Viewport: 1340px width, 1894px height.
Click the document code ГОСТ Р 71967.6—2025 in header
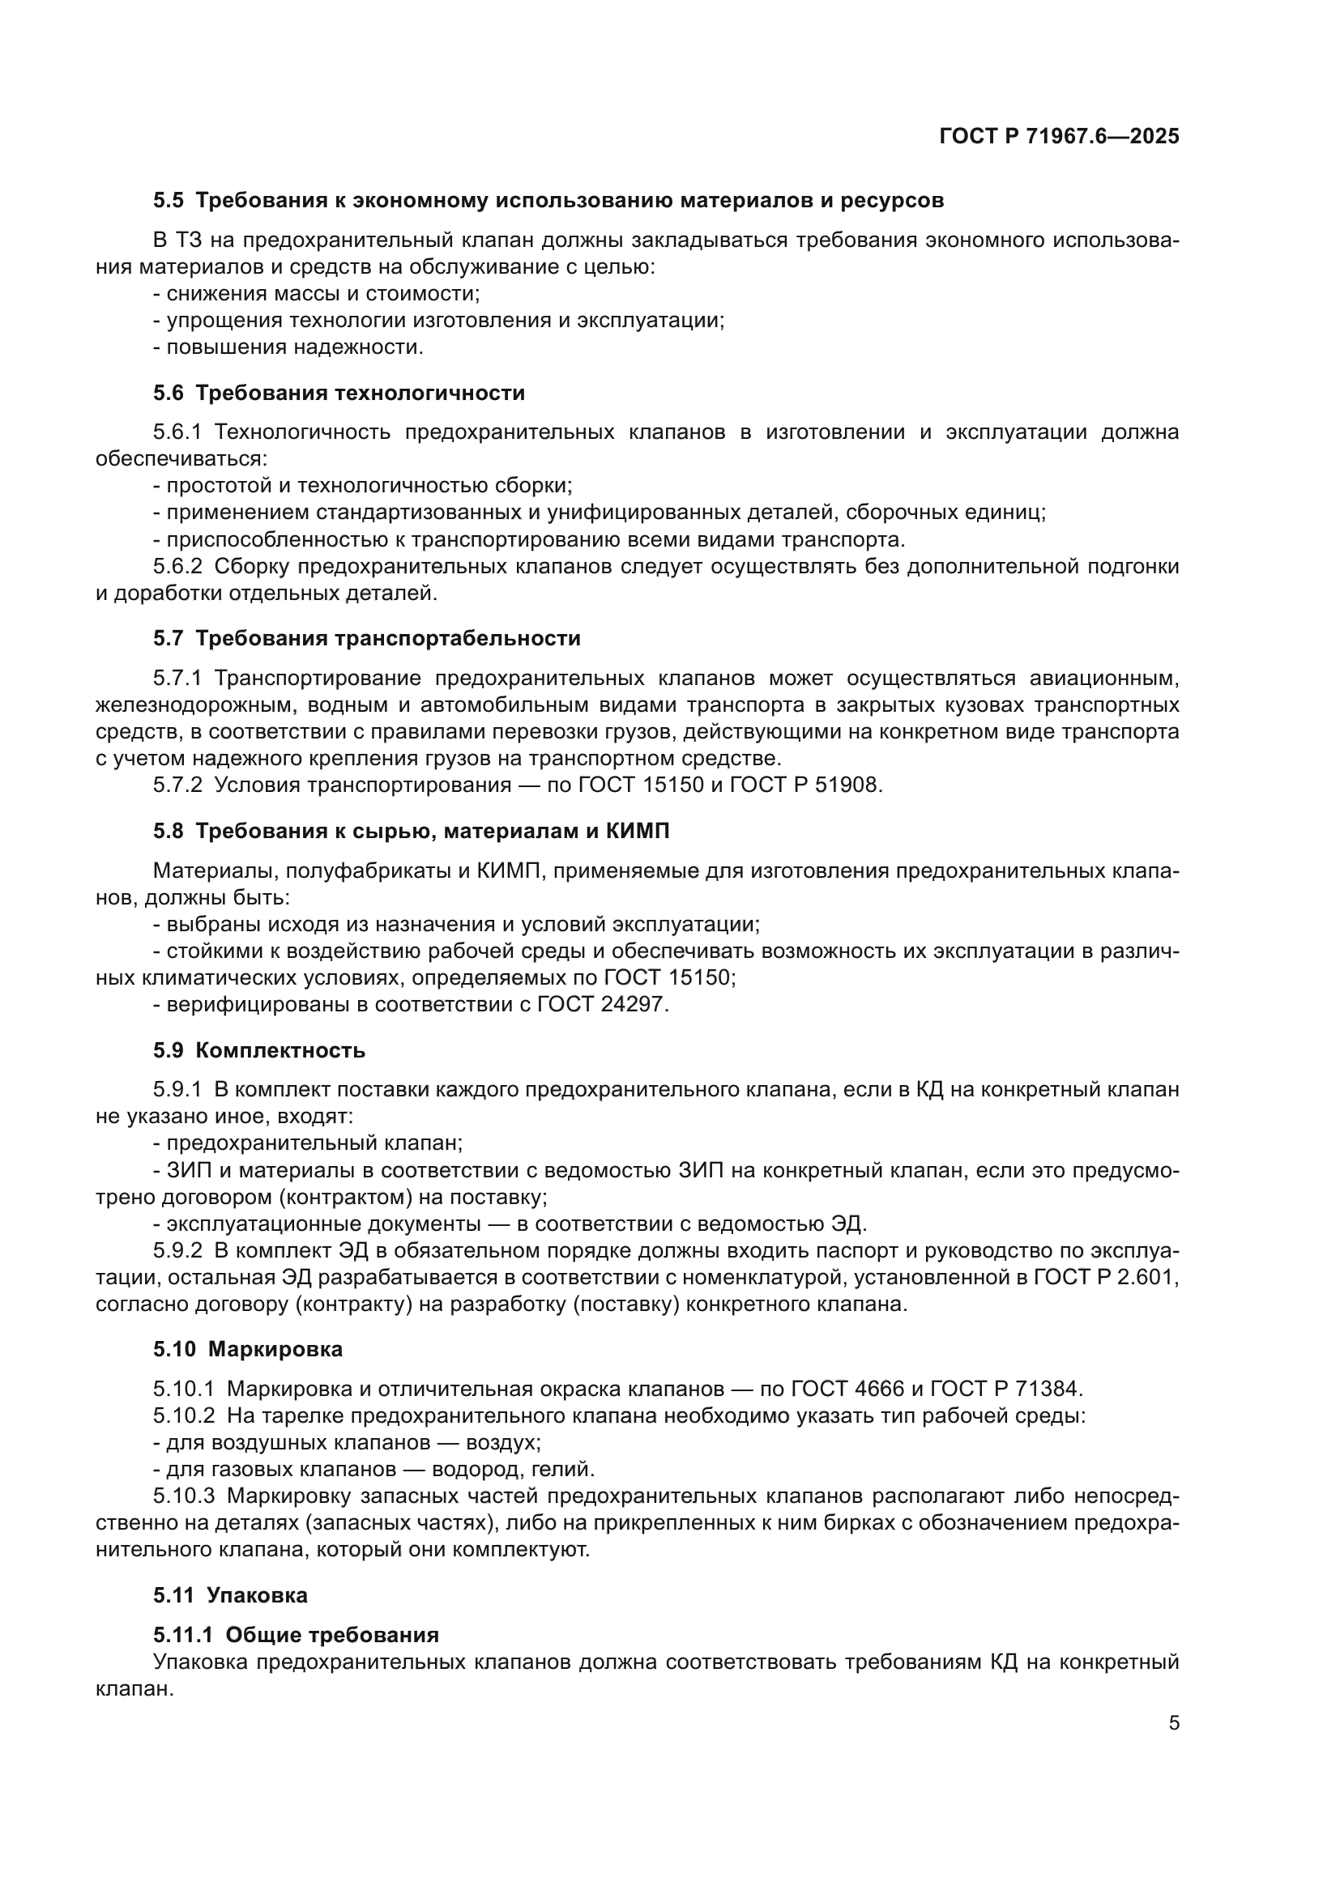pos(1059,137)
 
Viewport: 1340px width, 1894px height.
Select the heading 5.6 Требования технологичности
pos(339,393)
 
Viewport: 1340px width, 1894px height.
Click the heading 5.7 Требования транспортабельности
pos(366,638)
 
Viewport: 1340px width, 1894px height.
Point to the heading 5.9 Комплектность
pos(259,1050)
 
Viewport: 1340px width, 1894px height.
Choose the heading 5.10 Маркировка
pos(248,1349)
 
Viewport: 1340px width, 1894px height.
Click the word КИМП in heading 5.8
pos(637,831)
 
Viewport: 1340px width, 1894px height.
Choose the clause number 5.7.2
pos(177,785)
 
